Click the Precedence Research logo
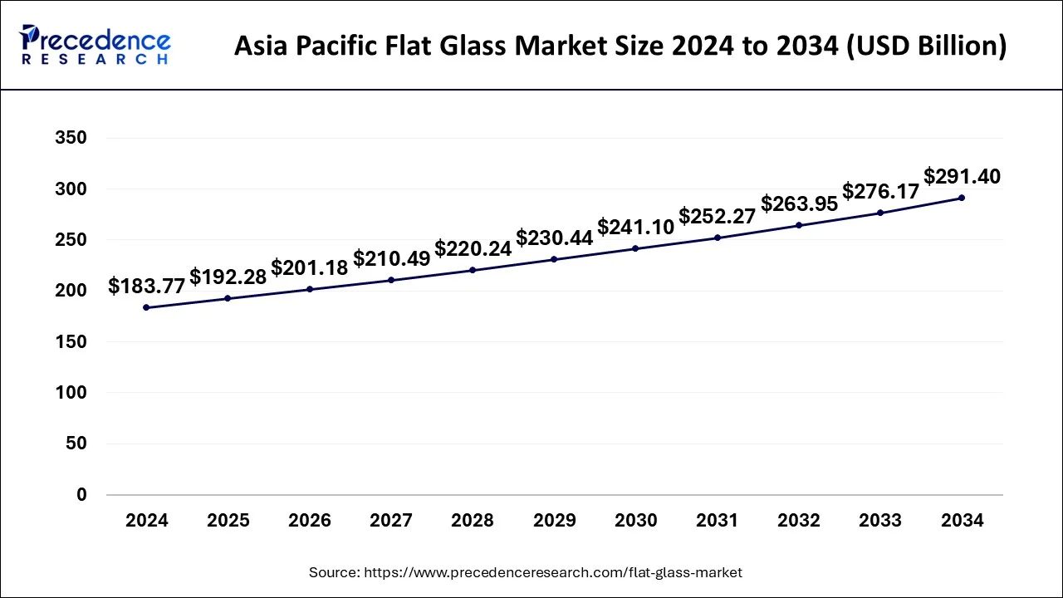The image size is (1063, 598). (96, 45)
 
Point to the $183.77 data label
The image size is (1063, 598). (147, 287)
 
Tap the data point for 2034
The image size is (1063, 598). (962, 198)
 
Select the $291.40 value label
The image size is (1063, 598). (962, 177)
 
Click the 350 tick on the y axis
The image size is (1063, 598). (71, 138)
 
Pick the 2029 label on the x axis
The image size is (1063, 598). (554, 521)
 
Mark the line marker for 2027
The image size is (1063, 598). (391, 280)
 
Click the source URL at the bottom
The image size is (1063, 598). (553, 572)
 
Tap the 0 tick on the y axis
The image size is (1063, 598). (81, 495)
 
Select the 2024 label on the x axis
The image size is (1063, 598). (147, 521)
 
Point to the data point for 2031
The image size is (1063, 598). (718, 238)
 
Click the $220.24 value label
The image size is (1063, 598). (473, 249)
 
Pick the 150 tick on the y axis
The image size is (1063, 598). (71, 342)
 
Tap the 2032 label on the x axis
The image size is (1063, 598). (799, 521)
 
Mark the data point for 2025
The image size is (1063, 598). (228, 298)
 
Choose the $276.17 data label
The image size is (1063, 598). (880, 192)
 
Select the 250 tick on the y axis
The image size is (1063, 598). (71, 240)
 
